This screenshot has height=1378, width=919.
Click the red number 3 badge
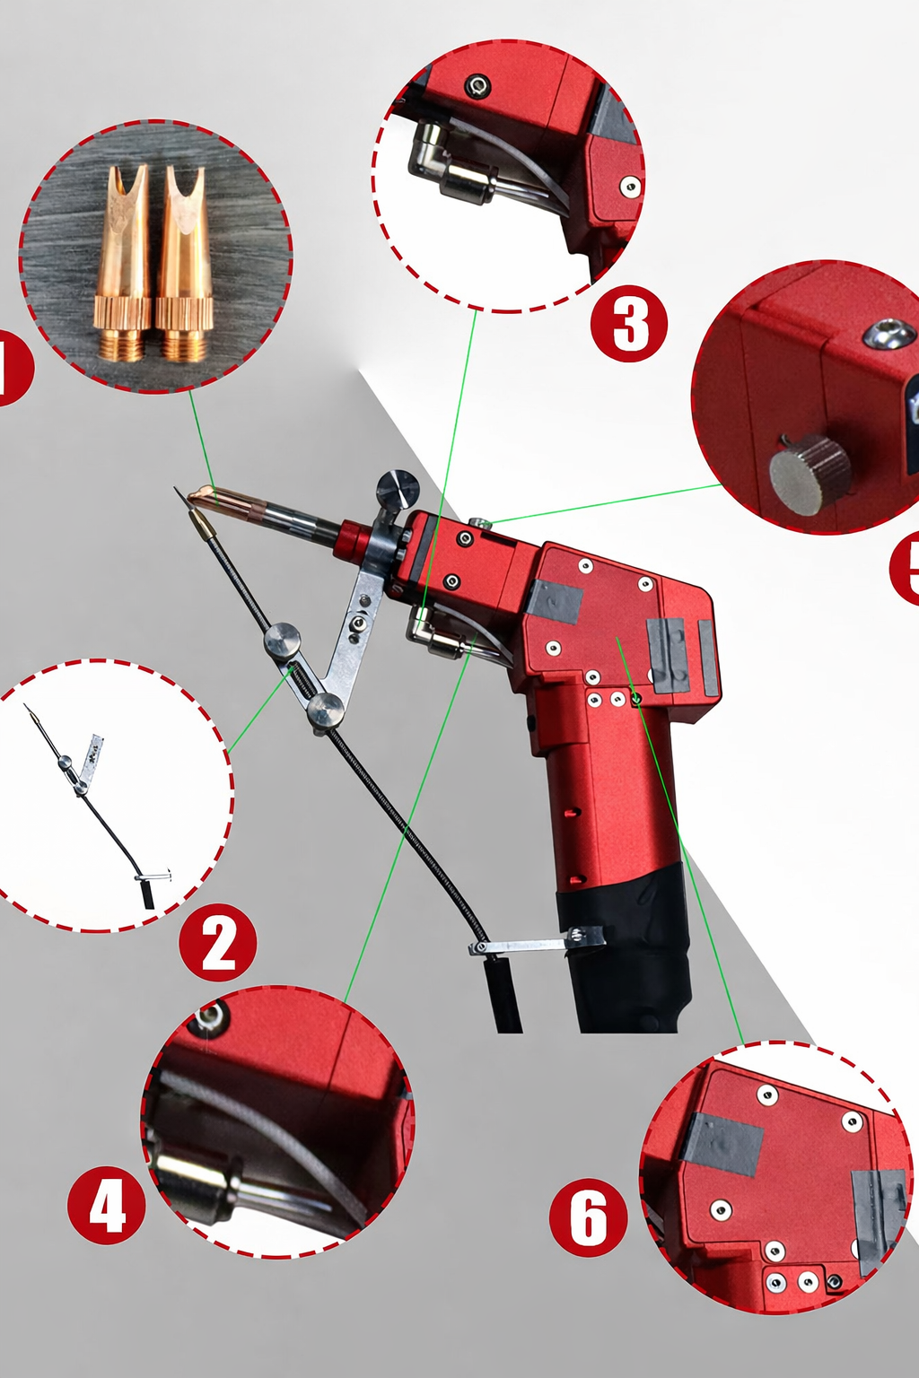tap(629, 324)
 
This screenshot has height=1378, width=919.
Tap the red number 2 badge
tap(218, 943)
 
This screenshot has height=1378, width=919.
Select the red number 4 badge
tap(107, 1205)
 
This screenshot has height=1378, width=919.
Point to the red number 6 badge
tap(588, 1217)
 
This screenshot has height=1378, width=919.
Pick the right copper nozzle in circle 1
tap(184, 265)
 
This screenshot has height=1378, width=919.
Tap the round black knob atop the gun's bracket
tap(398, 490)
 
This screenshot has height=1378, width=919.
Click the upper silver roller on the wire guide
tap(282, 641)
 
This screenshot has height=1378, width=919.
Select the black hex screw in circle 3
tap(477, 86)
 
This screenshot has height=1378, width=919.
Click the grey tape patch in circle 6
tap(722, 1144)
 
